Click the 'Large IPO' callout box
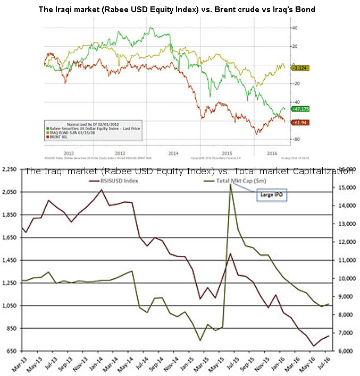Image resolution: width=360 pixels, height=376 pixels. click(x=270, y=195)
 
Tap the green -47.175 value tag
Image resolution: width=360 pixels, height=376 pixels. click(x=300, y=108)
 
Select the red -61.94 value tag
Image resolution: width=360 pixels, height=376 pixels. click(x=300, y=123)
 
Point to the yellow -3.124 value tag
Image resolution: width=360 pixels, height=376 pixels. click(x=300, y=68)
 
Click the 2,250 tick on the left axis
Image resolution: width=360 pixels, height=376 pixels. click(x=10, y=169)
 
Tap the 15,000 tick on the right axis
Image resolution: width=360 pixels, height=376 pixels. click(x=343, y=188)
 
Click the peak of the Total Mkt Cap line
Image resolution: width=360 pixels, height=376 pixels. click(x=230, y=184)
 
